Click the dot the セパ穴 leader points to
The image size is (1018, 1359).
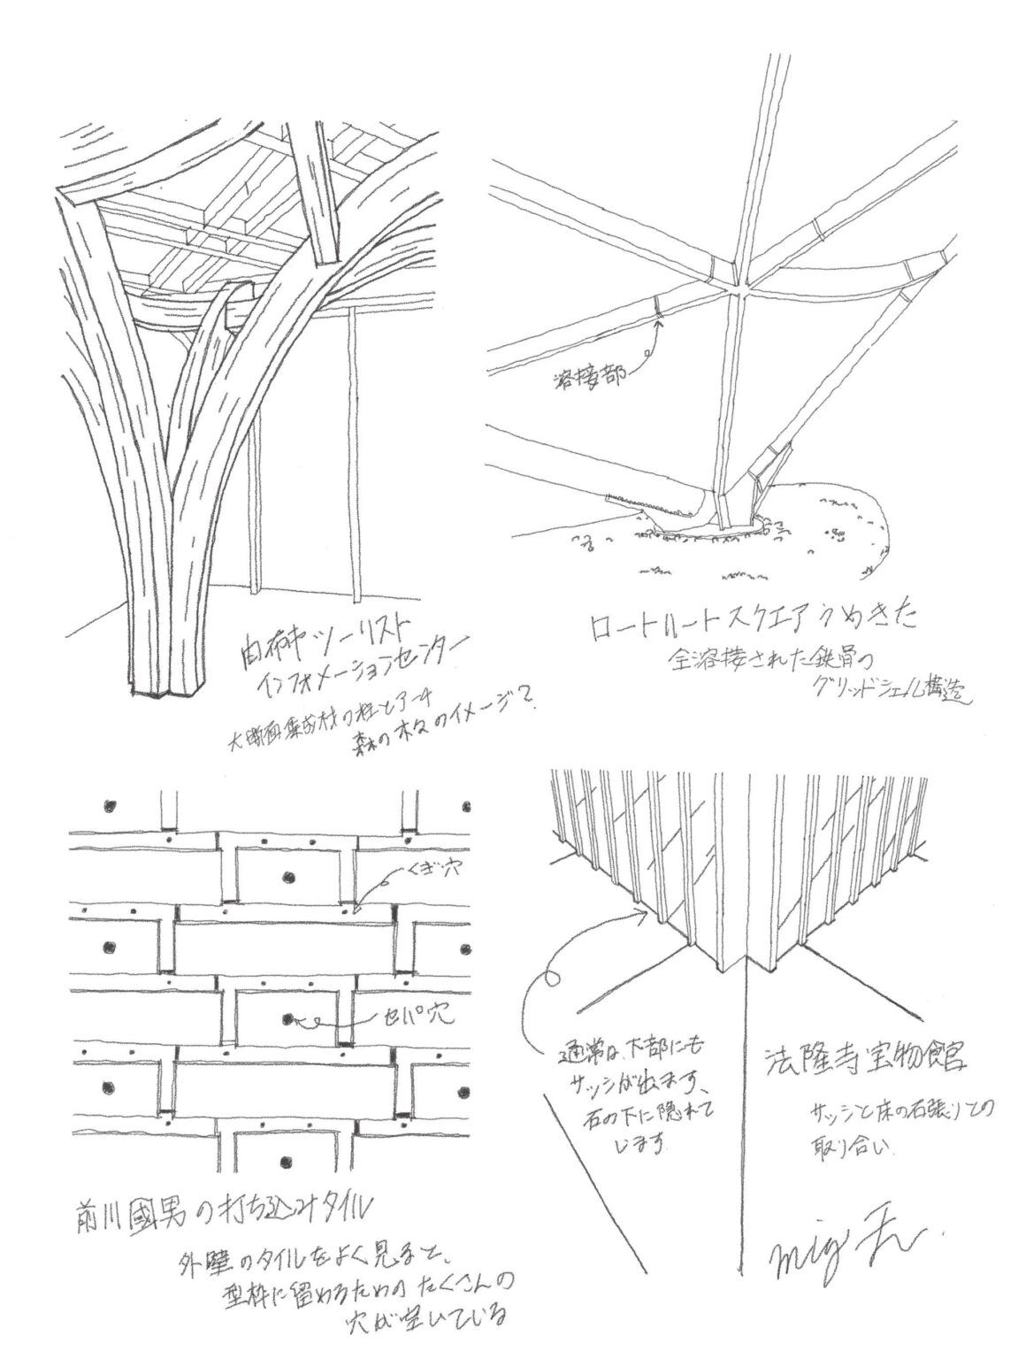click(x=288, y=1018)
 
